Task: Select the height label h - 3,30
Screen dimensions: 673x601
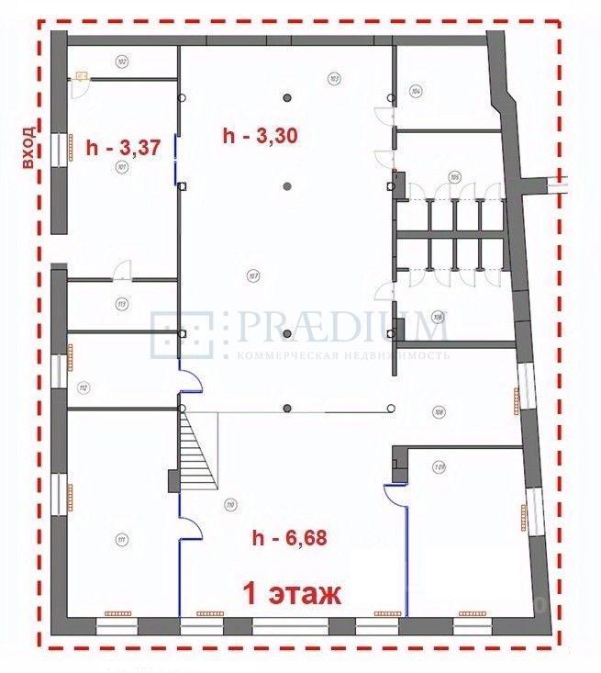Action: (x=262, y=135)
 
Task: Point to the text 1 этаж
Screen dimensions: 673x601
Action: (x=291, y=594)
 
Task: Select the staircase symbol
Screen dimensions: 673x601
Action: (x=200, y=450)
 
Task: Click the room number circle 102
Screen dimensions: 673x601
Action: (x=121, y=62)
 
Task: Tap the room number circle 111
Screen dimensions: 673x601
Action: (x=120, y=539)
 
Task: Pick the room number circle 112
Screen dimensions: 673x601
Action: (x=83, y=388)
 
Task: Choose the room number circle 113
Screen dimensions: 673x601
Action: (x=120, y=304)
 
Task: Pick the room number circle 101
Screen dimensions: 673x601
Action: (x=120, y=168)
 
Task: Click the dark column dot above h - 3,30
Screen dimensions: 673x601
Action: (x=287, y=96)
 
